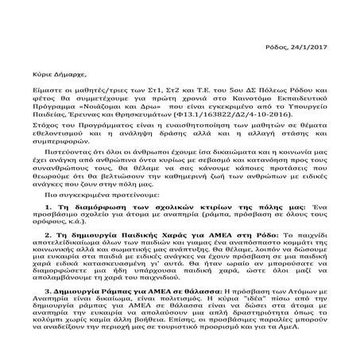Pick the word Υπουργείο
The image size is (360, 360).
(x=295, y=112)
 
